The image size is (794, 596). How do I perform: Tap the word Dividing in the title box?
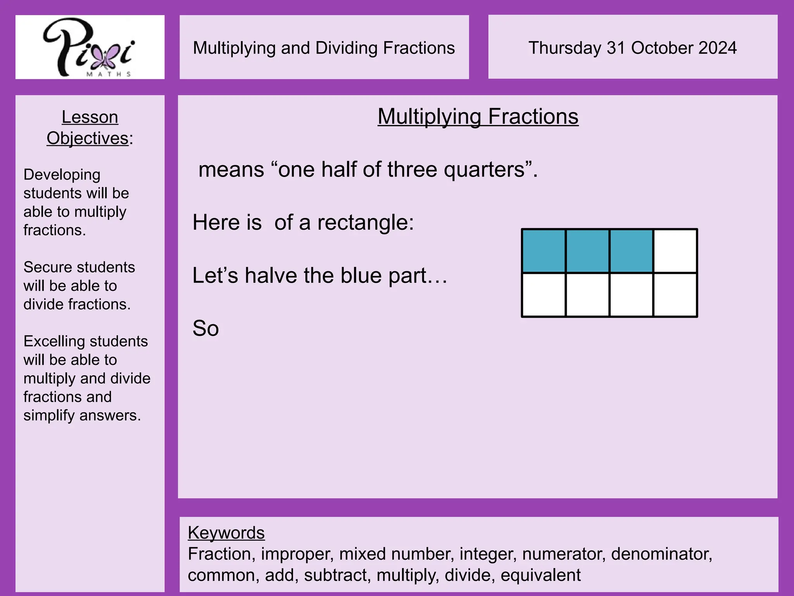coord(347,48)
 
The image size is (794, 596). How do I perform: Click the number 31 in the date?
coord(616,48)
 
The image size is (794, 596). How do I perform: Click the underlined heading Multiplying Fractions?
coord(478,116)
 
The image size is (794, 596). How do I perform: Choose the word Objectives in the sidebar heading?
coord(87,139)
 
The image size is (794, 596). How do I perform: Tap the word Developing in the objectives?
coord(62,175)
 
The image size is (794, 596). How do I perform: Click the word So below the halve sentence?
coord(205,329)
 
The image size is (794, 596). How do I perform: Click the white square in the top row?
coord(675,251)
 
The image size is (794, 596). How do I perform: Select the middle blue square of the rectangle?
coord(587,251)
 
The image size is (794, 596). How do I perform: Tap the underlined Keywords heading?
coord(226,533)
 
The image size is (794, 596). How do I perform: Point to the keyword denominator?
coord(661,554)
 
